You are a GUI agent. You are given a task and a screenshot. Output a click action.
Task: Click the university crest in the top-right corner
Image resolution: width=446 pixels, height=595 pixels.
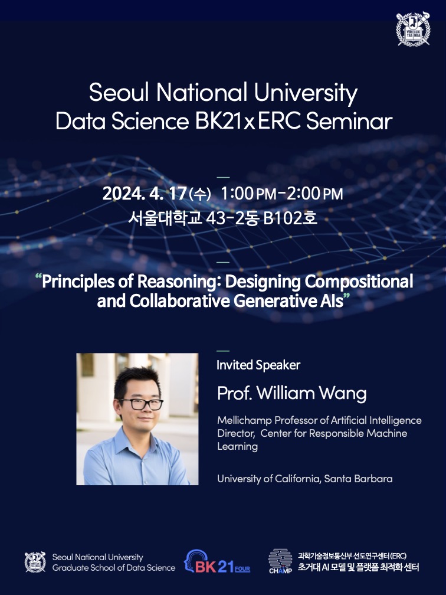tap(413, 29)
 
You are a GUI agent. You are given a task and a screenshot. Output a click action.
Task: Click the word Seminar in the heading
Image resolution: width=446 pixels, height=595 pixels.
tap(349, 122)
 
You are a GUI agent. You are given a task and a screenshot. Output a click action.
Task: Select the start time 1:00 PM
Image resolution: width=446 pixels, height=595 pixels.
tap(248, 194)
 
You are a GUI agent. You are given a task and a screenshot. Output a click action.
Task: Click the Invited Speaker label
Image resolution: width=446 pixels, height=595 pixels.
tap(258, 365)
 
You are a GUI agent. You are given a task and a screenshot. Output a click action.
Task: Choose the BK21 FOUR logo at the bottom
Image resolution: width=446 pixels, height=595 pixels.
tap(217, 561)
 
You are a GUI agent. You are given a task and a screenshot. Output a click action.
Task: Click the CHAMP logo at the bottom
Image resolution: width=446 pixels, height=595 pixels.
tap(280, 561)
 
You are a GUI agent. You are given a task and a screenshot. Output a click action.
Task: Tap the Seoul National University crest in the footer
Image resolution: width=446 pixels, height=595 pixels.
tap(35, 562)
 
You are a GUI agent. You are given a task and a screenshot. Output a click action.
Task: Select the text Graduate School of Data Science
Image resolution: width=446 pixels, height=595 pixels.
tap(114, 568)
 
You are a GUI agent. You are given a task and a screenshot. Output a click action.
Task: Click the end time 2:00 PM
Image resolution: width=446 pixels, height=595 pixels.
tap(314, 194)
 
